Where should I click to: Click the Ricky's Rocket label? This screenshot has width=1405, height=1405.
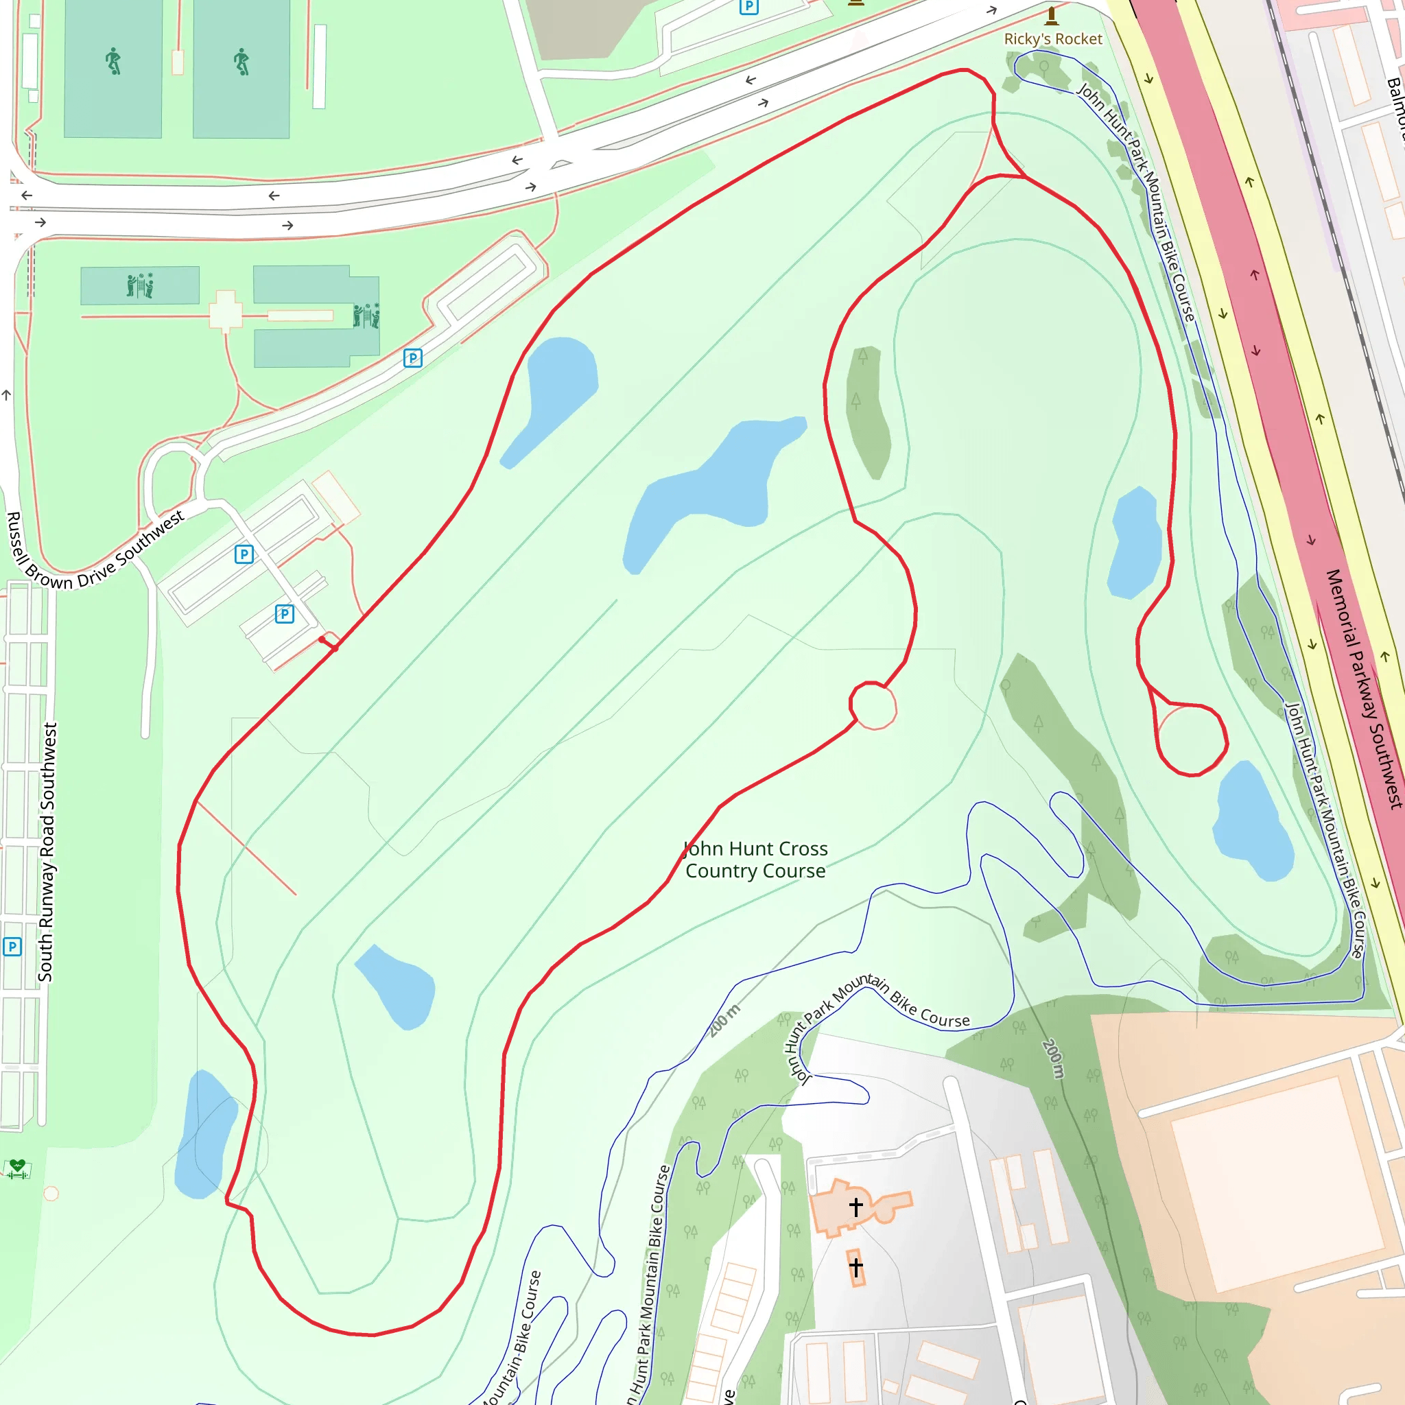pos(1052,39)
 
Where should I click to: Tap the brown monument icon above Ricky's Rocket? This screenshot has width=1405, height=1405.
pos(1052,15)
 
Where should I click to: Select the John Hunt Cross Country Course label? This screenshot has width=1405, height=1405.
pos(755,860)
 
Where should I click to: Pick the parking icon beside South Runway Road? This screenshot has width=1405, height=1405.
pos(12,947)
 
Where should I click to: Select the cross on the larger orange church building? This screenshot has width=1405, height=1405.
pos(856,1208)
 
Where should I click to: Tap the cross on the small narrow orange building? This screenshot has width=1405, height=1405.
pos(856,1268)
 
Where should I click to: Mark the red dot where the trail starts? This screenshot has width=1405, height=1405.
pos(322,639)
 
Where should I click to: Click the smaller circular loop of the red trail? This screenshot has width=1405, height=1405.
pos(873,705)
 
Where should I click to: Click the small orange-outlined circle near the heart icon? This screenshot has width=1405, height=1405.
pos(51,1194)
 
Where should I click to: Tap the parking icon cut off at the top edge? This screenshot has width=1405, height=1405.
pos(748,7)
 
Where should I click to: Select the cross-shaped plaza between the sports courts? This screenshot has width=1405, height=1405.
pos(226,312)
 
